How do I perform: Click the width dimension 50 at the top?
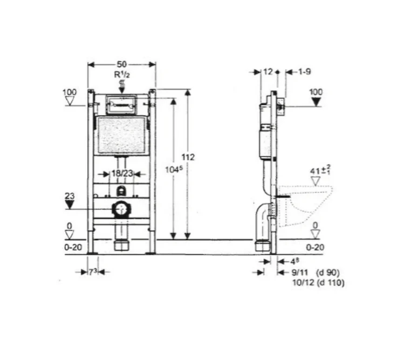pyautogui.click(x=122, y=64)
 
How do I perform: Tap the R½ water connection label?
pyautogui.click(x=122, y=74)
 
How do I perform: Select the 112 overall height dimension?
pyautogui.click(x=188, y=157)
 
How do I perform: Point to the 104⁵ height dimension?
pyautogui.click(x=174, y=169)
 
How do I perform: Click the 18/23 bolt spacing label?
pyautogui.click(x=122, y=174)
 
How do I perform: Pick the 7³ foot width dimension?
pyautogui.click(x=93, y=272)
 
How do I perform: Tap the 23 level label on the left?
pyautogui.click(x=70, y=196)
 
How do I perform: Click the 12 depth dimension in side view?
pyautogui.click(x=268, y=72)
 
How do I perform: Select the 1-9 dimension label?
pyautogui.click(x=304, y=72)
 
